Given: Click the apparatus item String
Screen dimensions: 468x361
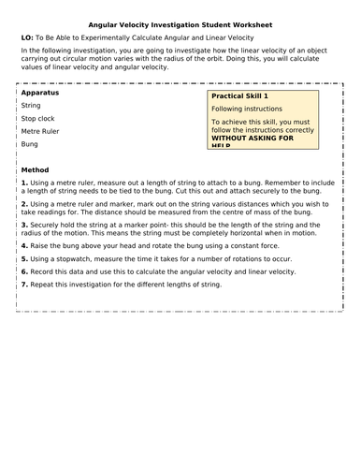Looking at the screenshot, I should click(31, 107).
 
